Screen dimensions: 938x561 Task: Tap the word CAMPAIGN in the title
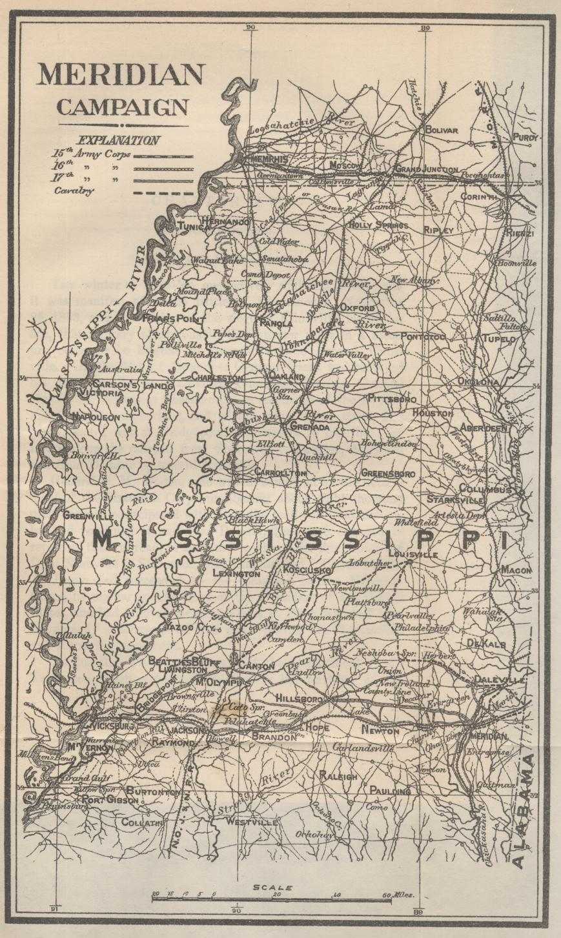click(123, 107)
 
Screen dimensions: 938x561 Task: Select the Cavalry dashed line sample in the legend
click(163, 192)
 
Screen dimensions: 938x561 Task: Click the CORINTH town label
click(478, 196)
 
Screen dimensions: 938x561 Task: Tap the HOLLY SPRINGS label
click(378, 225)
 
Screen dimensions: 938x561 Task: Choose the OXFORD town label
click(357, 308)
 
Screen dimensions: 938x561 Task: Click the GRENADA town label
click(311, 427)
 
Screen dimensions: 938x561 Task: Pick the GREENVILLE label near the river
click(88, 516)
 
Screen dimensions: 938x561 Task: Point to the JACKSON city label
click(186, 729)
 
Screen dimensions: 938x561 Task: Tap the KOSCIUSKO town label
click(307, 570)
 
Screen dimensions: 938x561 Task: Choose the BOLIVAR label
click(441, 130)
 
